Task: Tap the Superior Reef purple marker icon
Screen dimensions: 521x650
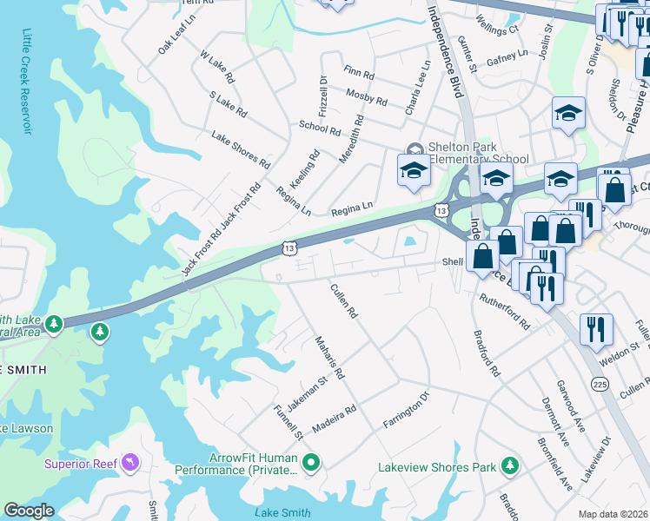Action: (130, 462)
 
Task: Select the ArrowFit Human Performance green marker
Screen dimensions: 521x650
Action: (310, 465)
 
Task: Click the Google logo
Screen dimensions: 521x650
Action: (29, 511)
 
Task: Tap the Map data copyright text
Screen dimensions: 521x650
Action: (613, 514)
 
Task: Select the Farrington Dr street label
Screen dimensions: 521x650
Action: (407, 410)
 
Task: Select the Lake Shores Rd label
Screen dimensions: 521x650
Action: (241, 150)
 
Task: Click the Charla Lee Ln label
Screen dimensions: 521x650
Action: (416, 88)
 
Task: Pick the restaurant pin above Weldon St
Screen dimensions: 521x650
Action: (598, 329)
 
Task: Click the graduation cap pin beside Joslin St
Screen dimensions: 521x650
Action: (568, 113)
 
